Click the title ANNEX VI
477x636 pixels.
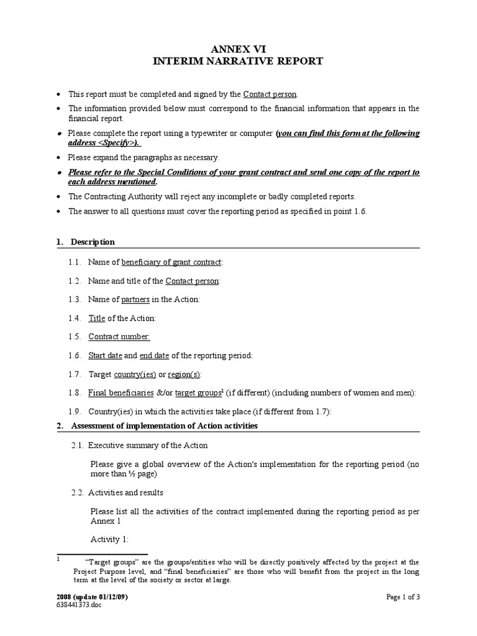pyautogui.click(x=238, y=48)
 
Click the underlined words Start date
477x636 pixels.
pyautogui.click(x=105, y=356)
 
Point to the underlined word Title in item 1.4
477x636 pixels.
pyautogui.click(x=97, y=319)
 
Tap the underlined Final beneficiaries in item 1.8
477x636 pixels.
pyautogui.click(x=121, y=393)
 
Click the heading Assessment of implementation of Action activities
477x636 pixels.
pyautogui.click(x=164, y=426)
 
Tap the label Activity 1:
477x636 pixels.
pyautogui.click(x=109, y=540)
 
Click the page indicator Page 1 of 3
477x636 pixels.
pyautogui.click(x=403, y=597)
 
